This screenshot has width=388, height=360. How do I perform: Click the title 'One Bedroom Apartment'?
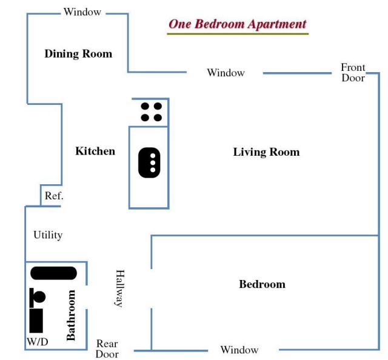[237, 24]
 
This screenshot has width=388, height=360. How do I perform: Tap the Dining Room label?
[78, 54]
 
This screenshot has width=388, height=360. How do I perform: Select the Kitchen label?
[95, 151]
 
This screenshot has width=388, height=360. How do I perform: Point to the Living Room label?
[266, 152]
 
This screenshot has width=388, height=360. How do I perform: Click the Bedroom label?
[262, 284]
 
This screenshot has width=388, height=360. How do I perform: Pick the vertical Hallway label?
[119, 288]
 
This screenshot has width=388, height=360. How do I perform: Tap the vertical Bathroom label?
[71, 315]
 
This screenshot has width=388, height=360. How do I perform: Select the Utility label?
[48, 235]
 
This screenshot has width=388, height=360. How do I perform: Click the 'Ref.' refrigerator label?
[54, 196]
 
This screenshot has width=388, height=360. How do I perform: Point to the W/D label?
[37, 342]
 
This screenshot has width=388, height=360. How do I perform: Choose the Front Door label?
[353, 73]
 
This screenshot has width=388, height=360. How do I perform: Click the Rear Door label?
[107, 349]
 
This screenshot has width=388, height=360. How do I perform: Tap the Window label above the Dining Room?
[82, 12]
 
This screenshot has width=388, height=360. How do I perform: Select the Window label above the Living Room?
[226, 73]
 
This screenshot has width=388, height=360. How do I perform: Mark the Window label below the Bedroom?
[239, 350]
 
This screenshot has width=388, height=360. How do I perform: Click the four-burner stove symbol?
[151, 112]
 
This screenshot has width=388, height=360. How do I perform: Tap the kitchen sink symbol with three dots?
[150, 163]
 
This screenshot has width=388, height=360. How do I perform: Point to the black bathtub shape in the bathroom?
[53, 273]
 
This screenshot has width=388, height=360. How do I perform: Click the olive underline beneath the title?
[237, 33]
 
